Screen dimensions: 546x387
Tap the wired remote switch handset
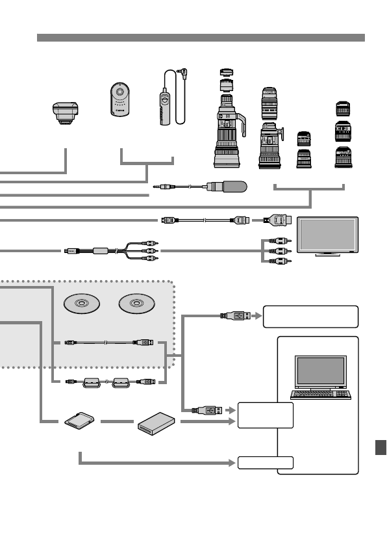(x=164, y=105)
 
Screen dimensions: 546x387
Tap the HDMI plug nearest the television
(x=278, y=221)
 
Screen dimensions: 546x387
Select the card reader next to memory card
(x=156, y=424)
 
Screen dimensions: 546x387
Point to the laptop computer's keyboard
(x=322, y=395)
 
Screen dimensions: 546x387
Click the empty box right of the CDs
(x=310, y=317)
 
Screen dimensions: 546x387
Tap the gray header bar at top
(x=201, y=38)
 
